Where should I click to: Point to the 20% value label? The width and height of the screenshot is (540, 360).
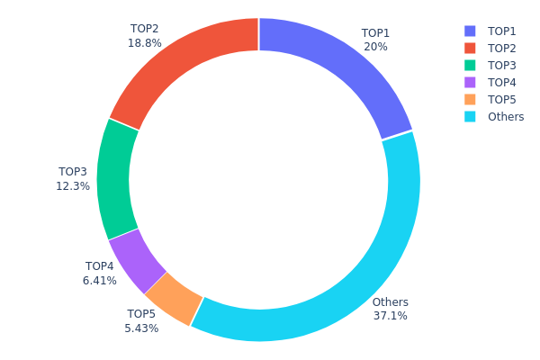coord(375,47)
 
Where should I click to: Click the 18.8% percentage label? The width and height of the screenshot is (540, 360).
coord(145,43)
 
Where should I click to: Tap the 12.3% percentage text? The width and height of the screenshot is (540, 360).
coord(73,186)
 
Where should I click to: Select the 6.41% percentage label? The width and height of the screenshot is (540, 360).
coord(100,281)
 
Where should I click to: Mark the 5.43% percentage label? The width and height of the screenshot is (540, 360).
coord(141,328)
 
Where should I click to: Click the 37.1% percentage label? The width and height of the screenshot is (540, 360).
coord(390,316)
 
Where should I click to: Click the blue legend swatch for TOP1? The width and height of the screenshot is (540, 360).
coord(470,31)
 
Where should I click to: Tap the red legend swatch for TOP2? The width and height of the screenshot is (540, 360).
coord(470,48)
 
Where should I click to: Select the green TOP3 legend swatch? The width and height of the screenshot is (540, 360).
coord(470,65)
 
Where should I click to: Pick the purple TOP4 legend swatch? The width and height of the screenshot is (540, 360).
coord(470,82)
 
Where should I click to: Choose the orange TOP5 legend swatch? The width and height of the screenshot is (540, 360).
coord(470,99)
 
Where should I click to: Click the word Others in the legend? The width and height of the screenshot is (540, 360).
coord(506,117)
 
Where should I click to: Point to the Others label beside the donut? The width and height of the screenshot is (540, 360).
coord(390,302)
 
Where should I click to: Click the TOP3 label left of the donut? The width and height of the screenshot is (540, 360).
coord(73,172)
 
